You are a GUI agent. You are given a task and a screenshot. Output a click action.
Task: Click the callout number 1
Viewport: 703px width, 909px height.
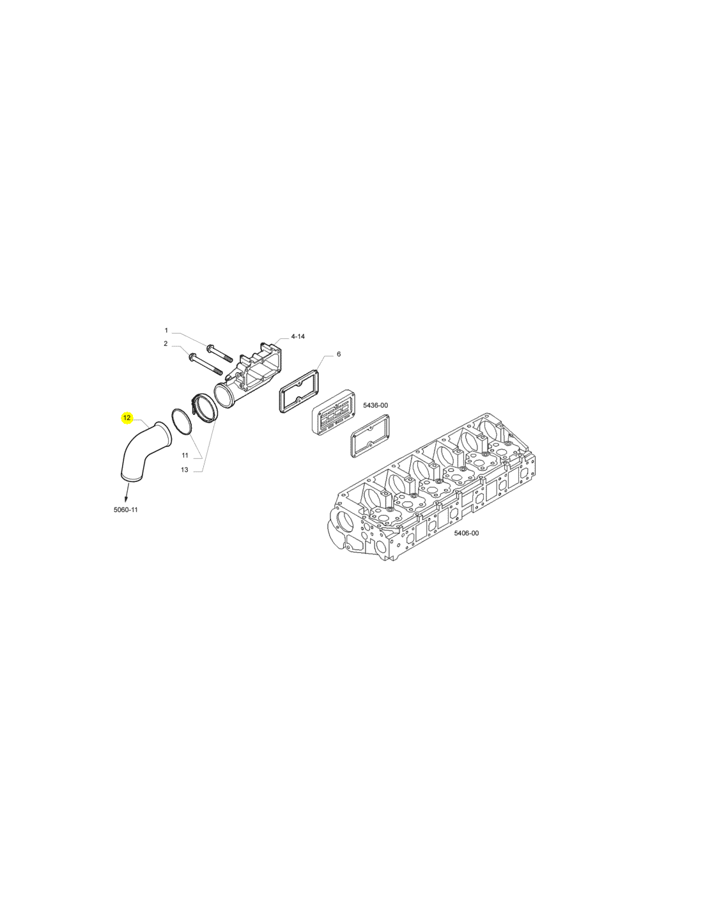point(166,330)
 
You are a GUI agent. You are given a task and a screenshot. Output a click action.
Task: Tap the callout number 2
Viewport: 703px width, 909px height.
point(166,343)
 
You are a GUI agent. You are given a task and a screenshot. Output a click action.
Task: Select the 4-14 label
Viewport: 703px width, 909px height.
point(298,336)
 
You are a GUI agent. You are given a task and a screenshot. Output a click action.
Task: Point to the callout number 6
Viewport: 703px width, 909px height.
point(339,354)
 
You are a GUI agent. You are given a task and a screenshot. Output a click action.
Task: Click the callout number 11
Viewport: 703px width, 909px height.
point(185,455)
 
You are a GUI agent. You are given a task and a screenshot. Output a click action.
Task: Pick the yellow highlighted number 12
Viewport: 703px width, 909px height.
point(127,418)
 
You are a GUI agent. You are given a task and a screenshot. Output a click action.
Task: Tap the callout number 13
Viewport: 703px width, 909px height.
point(185,470)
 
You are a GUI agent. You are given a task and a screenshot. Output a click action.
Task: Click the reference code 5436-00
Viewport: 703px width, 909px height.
point(375,405)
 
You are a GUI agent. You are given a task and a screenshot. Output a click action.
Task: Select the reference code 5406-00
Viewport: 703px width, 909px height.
point(467,533)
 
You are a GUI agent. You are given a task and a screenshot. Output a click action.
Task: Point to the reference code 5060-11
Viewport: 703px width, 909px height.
point(125,509)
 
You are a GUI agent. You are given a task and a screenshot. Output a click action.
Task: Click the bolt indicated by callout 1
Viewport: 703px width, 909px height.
point(219,353)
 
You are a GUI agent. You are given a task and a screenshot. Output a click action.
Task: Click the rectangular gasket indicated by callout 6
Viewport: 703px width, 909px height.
point(300,392)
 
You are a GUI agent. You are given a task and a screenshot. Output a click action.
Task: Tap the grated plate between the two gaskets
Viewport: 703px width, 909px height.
point(333,412)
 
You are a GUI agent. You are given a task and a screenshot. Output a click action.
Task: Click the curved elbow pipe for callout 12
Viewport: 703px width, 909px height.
point(138,449)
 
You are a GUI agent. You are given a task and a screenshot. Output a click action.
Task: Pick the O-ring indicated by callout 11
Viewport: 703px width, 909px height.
point(182,423)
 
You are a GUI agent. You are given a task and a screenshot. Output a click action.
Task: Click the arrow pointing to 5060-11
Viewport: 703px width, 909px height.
point(126,492)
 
